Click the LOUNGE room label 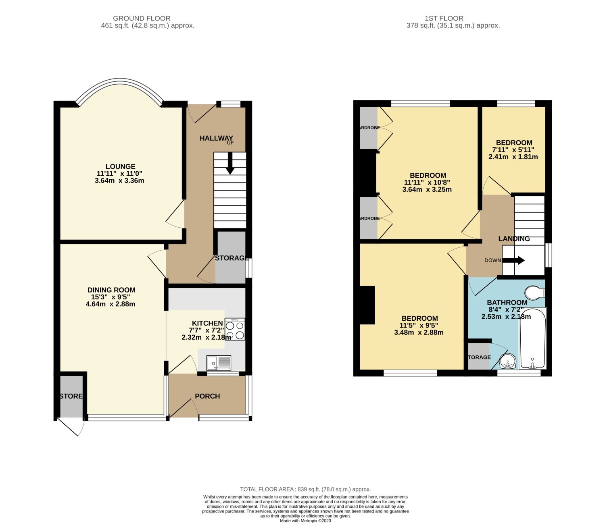(120, 166)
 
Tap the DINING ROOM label (111, 290)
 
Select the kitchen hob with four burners (235, 329)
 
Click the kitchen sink (219, 363)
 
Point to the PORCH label (207, 396)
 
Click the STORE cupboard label (71, 396)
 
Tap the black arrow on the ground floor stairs (230, 164)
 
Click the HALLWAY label (216, 138)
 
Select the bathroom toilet (535, 293)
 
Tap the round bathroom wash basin (507, 361)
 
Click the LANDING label (514, 239)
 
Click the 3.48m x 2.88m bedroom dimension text (419, 333)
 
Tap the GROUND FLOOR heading (142, 19)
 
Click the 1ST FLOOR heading (444, 19)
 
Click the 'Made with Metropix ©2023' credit (305, 521)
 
